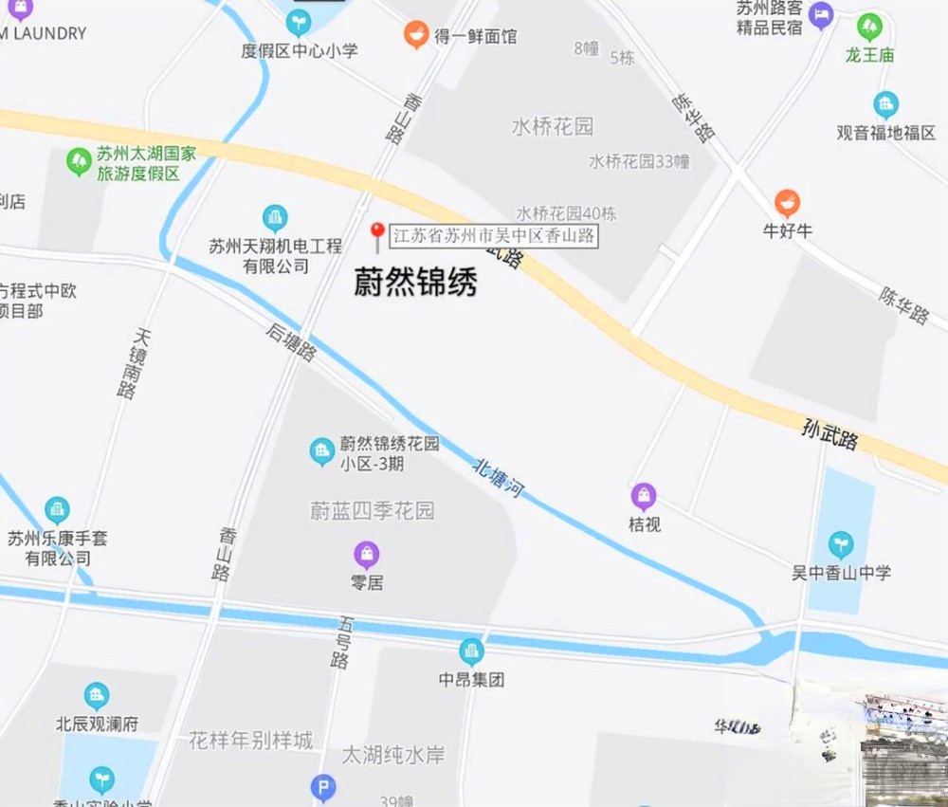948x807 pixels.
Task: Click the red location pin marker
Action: pyautogui.click(x=376, y=233)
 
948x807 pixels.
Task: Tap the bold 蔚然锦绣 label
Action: pyautogui.click(x=415, y=282)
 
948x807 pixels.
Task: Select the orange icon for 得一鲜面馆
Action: pyautogui.click(x=414, y=36)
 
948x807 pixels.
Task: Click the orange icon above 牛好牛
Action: pyautogui.click(x=787, y=203)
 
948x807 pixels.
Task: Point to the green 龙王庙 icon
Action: pyautogui.click(x=869, y=27)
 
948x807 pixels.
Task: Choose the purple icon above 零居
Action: pyautogui.click(x=367, y=555)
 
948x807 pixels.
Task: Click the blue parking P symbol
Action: pyautogui.click(x=323, y=786)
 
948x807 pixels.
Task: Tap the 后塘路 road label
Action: pyautogui.click(x=291, y=341)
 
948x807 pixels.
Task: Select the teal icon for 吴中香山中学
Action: pyautogui.click(x=840, y=544)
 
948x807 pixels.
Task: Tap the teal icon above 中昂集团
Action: pyautogui.click(x=471, y=651)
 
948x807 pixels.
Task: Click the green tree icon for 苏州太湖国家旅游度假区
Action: pyautogui.click(x=79, y=162)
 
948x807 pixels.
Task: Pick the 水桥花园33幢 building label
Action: pyautogui.click(x=639, y=161)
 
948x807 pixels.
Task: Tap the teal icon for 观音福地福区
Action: pyautogui.click(x=885, y=104)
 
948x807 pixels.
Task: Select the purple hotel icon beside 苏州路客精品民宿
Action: pyautogui.click(x=821, y=13)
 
